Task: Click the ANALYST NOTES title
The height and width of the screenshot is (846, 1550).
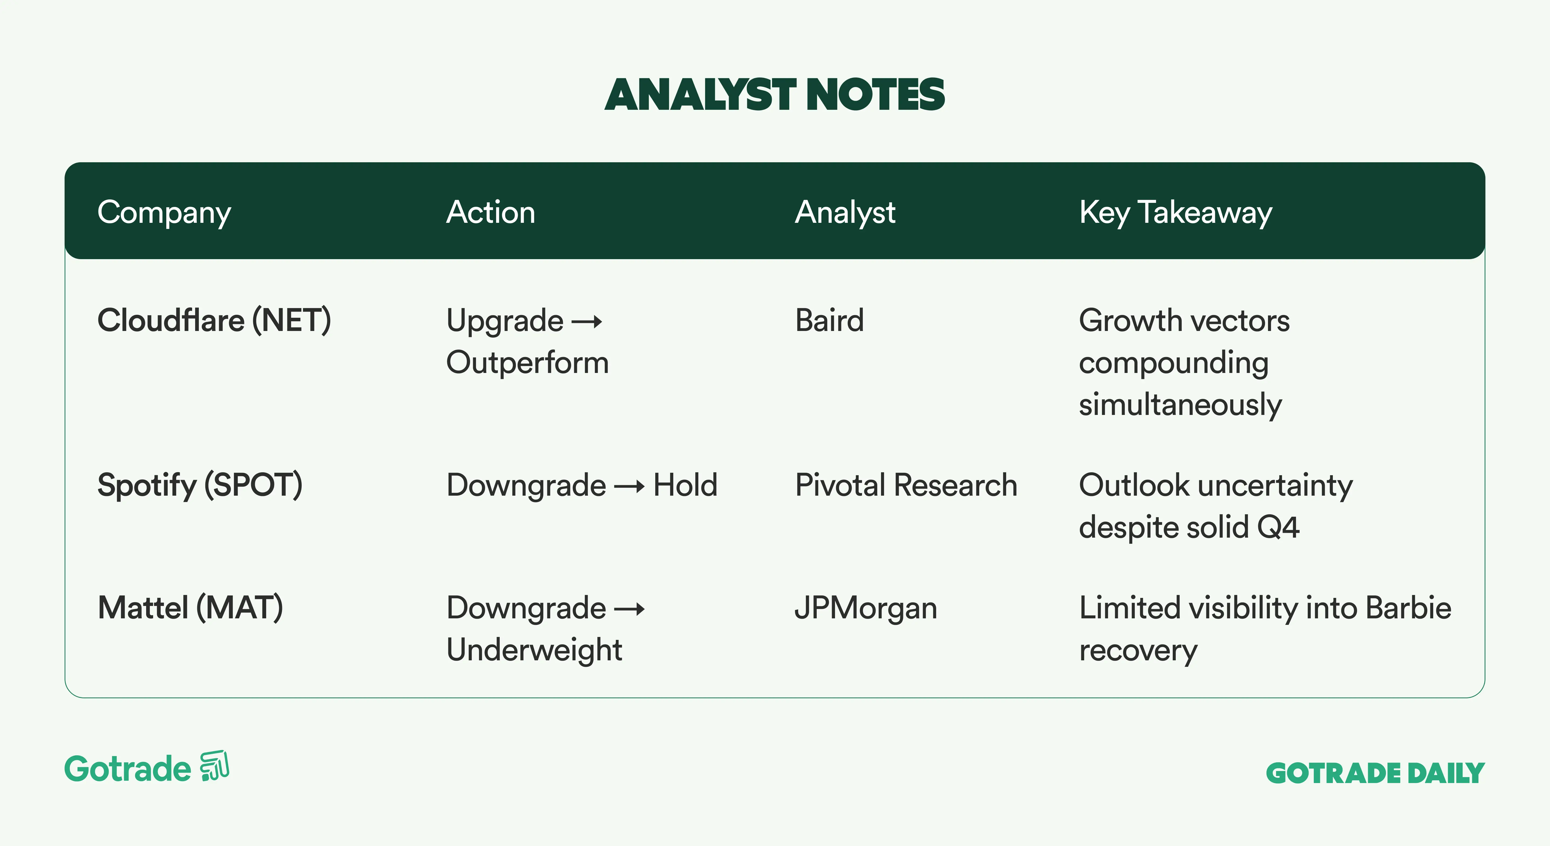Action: click(x=775, y=95)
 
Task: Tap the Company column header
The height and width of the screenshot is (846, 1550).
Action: click(x=164, y=213)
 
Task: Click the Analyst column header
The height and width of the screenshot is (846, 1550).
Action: click(x=846, y=213)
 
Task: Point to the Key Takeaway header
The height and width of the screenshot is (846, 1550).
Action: click(x=1176, y=213)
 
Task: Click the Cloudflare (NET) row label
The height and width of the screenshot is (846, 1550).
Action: click(x=214, y=321)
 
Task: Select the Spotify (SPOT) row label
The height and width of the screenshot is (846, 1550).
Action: click(x=200, y=486)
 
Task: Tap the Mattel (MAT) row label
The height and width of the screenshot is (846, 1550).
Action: click(x=190, y=608)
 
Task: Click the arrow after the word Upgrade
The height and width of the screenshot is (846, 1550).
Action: click(x=587, y=322)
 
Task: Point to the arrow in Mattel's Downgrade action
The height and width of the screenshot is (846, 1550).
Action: click(x=629, y=609)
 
